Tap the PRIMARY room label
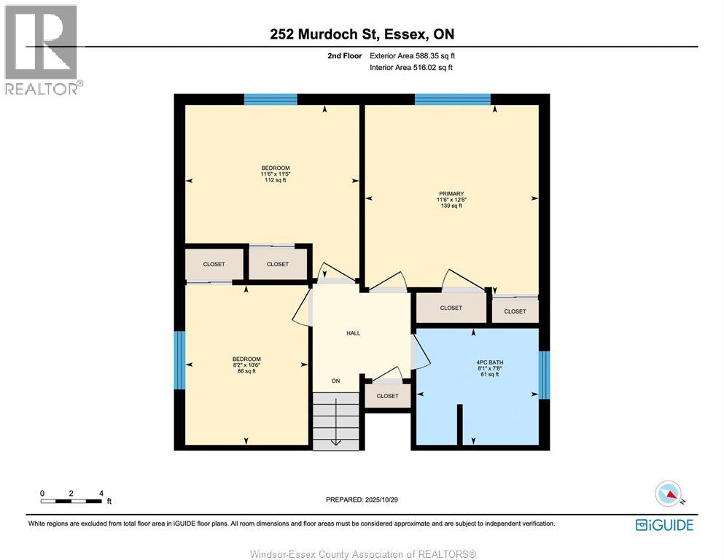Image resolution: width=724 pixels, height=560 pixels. coord(451,194)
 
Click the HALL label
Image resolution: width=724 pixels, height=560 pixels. coord(353,333)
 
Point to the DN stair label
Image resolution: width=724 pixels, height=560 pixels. coord(336,381)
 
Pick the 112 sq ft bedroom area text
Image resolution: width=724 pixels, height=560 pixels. coord(275,180)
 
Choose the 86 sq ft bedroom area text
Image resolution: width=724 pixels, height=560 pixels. coord(246,371)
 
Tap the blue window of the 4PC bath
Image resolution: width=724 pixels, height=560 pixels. coord(544,375)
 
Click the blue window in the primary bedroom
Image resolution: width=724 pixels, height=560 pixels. coord(452,100)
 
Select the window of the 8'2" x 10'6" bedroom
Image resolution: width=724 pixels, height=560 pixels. coord(179,360)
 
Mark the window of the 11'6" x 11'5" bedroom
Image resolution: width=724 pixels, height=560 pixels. coord(270,100)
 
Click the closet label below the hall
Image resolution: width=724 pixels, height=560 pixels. coord(387,396)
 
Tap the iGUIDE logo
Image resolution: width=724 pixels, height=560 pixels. coord(664,525)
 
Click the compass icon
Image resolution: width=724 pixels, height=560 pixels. coord(668,494)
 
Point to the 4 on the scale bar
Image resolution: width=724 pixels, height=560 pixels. coord(100,494)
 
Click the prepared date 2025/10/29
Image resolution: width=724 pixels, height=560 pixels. coord(362,499)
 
